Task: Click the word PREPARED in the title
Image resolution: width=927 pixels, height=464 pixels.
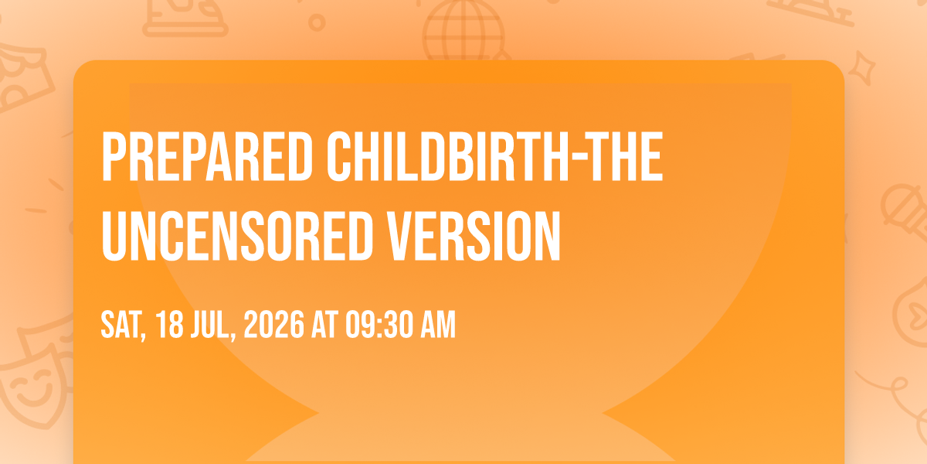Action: click(207, 156)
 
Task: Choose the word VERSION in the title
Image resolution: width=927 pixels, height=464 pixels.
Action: click(473, 236)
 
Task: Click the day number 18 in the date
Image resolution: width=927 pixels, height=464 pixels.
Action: click(170, 325)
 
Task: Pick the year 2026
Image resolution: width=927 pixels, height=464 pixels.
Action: click(274, 325)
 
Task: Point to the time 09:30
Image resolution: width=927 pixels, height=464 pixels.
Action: click(380, 325)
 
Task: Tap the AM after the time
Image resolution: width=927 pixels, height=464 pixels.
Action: click(438, 325)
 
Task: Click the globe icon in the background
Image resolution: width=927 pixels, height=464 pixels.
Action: click(463, 31)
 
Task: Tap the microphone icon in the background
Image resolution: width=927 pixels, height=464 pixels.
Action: click(905, 211)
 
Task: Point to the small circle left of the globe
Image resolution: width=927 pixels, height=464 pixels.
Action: click(317, 22)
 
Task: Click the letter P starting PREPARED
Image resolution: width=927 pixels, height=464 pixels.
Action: click(114, 156)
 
